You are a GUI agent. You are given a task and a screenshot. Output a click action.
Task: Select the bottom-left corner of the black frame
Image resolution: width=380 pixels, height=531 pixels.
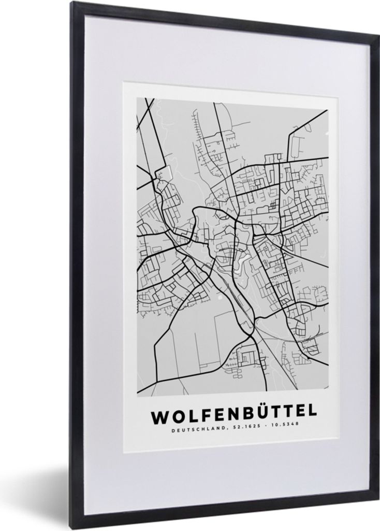[x=72, y=528]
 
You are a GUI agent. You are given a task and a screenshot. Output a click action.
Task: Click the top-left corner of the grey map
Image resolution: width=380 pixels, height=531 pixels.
[x=137, y=97]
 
